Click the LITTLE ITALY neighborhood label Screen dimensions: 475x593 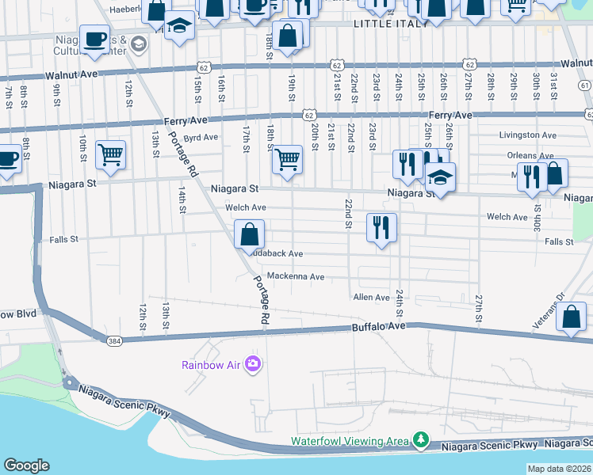tap(391, 23)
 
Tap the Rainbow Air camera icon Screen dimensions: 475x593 tap(254, 364)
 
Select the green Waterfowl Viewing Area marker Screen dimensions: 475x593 tap(421, 439)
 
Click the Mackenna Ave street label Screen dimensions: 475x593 tap(296, 277)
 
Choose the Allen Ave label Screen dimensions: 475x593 tap(371, 298)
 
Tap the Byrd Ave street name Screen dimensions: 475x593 tap(201, 137)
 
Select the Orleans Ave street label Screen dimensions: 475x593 tap(533, 155)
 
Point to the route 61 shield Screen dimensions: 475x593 tap(585, 85)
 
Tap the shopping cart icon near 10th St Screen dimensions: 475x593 tap(110, 154)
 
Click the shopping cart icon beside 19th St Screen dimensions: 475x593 tap(287, 159)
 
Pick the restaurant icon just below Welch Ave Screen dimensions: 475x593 tap(381, 228)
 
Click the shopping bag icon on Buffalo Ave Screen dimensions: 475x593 tap(572, 317)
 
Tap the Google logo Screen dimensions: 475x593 tap(26, 465)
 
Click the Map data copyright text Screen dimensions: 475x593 tap(559, 469)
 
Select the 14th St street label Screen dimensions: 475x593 tap(182, 200)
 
